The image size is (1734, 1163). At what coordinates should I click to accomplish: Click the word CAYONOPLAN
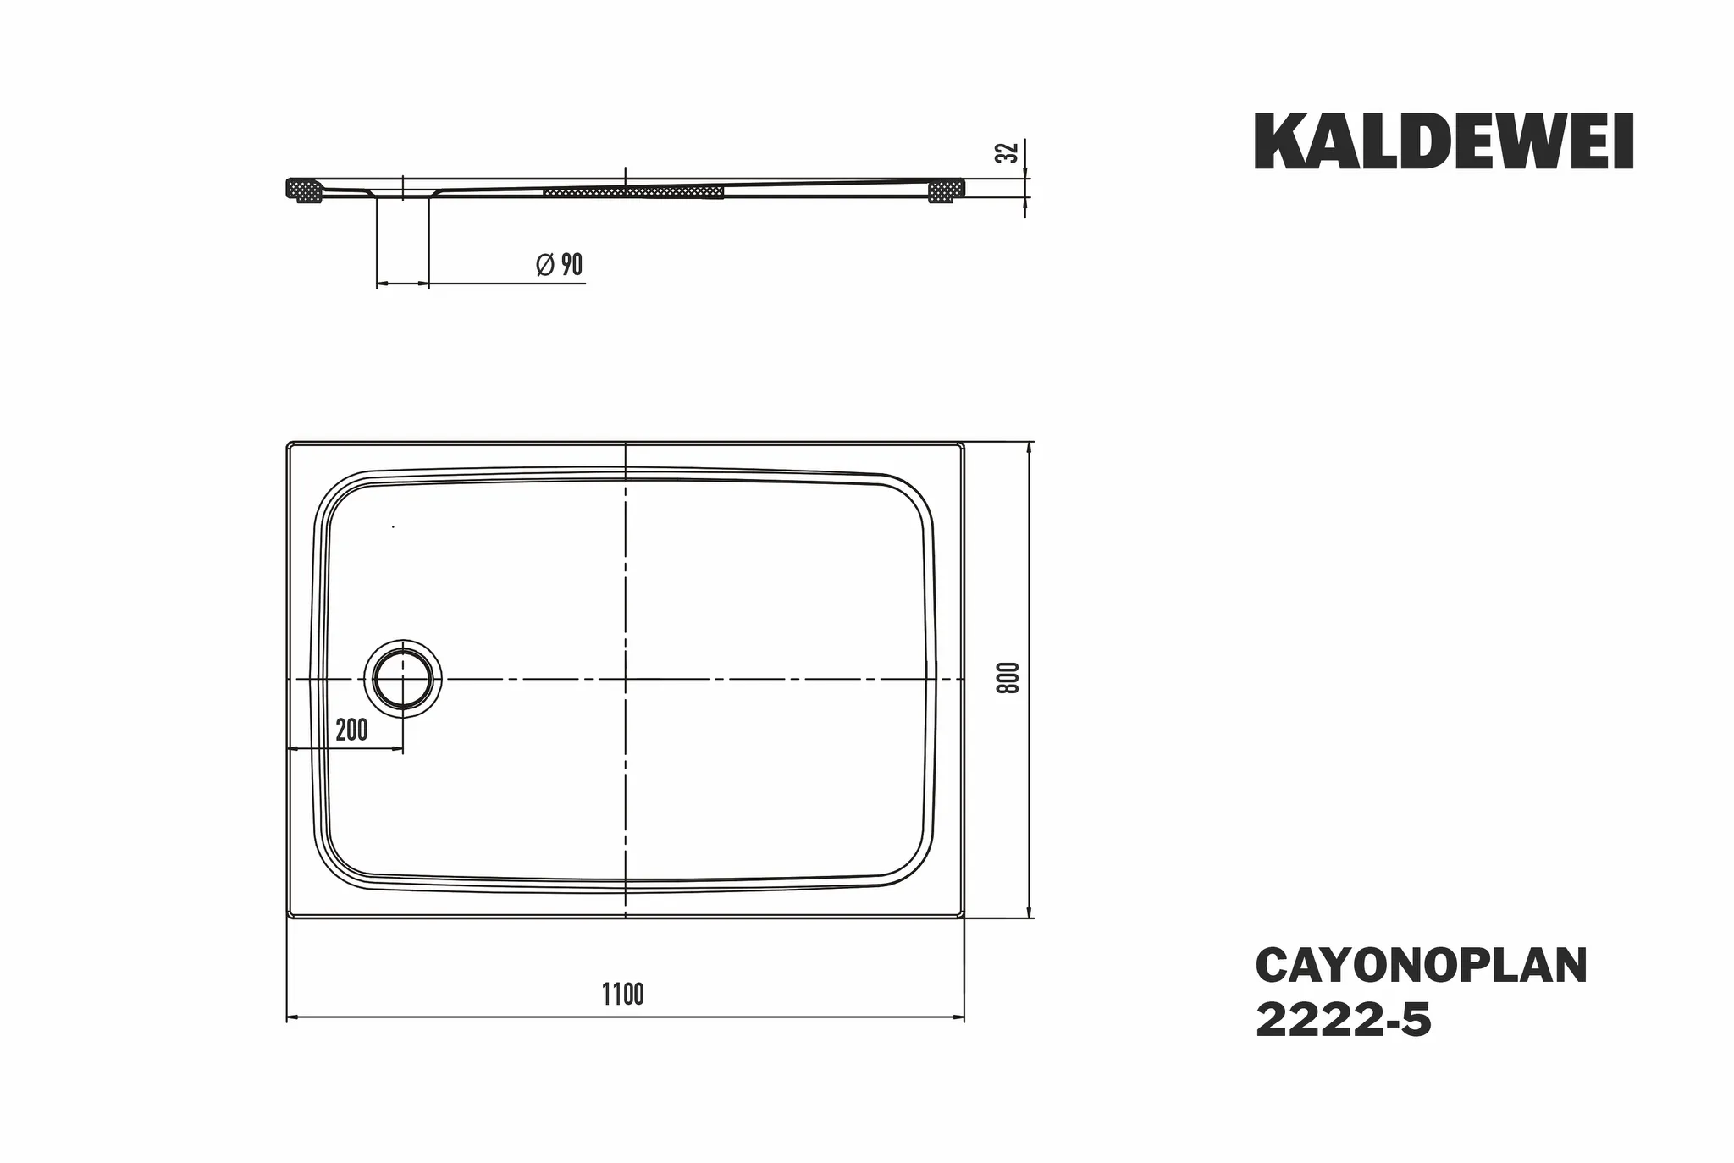[1422, 966]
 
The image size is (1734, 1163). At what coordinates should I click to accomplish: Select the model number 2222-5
[1344, 1020]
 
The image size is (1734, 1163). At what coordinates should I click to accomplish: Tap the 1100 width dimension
[623, 995]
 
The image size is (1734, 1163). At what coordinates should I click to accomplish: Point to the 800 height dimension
[1008, 678]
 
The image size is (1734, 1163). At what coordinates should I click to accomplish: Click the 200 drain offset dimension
[351, 730]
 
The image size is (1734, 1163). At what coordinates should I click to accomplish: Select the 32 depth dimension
[1007, 153]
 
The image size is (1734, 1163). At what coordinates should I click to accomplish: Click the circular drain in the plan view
[403, 678]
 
